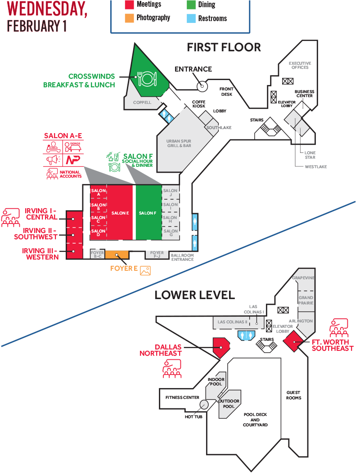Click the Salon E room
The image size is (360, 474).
pyautogui.click(x=120, y=213)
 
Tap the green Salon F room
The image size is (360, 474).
pyautogui.click(x=148, y=213)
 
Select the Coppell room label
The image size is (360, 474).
pyautogui.click(x=142, y=103)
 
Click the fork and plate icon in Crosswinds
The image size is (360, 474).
pyautogui.click(x=146, y=79)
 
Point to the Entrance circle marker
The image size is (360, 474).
pyautogui.click(x=202, y=85)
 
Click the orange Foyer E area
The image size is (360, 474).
pyautogui.click(x=117, y=255)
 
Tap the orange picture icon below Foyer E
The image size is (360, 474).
pyautogui.click(x=145, y=270)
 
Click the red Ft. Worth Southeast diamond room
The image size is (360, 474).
pyautogui.click(x=295, y=342)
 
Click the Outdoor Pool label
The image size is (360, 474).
pyautogui.click(x=229, y=403)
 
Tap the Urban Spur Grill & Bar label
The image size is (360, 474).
pyautogui.click(x=179, y=143)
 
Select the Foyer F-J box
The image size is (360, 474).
pyautogui.click(x=157, y=255)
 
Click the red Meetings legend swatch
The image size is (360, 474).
pyautogui.click(x=130, y=4)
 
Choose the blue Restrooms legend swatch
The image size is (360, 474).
pyautogui.click(x=191, y=18)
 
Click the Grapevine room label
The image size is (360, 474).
pyautogui.click(x=304, y=278)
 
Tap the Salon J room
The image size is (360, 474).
pyautogui.click(x=171, y=192)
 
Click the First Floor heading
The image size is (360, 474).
pyautogui.click(x=224, y=47)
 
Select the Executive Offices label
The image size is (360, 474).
pyautogui.click(x=300, y=65)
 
